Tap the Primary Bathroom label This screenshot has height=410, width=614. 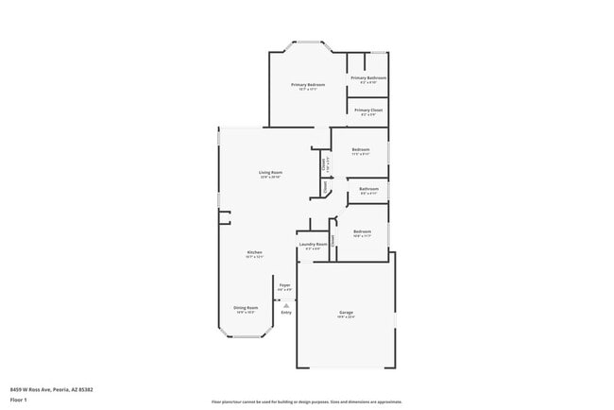point(367,77)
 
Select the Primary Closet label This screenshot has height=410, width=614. point(368,110)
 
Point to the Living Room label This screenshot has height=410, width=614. point(271,172)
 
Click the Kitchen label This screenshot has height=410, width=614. point(254,252)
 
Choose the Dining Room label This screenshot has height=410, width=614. point(245,307)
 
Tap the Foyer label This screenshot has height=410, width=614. point(284,284)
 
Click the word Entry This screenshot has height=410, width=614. point(286,313)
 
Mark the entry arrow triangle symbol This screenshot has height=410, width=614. point(286,303)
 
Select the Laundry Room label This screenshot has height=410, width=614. point(313,244)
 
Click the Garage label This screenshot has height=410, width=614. point(347,312)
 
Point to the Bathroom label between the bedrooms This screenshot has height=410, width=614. point(368,189)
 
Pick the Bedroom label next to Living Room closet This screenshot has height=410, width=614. point(361,150)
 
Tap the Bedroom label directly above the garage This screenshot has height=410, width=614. point(363,231)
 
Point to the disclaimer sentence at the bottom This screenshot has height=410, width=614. point(307,401)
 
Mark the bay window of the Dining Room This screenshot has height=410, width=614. point(247,336)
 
